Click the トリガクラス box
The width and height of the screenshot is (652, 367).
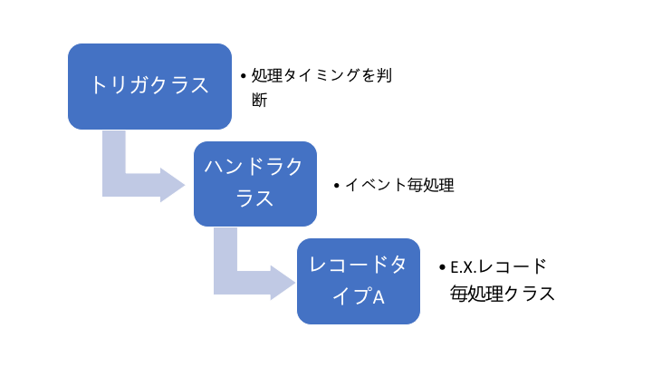coord(149,86)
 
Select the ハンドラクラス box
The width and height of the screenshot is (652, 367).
coord(255,184)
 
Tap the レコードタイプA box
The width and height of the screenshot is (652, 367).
coord(359,281)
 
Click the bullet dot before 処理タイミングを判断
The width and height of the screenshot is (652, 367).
coord(244,76)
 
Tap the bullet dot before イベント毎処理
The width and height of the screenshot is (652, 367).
coord(337,186)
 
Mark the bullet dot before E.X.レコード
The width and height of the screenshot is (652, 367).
coord(442,267)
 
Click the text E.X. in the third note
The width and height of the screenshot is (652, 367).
coord(464,267)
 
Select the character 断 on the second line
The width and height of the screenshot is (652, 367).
coord(260,100)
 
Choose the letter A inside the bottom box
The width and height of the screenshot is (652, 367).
coord(379,297)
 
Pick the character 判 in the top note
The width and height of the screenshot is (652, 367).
coord(384,76)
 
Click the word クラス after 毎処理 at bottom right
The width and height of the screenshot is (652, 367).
coord(530,294)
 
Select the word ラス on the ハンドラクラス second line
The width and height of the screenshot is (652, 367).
coord(254,198)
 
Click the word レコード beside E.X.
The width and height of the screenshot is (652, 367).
coord(512,267)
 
